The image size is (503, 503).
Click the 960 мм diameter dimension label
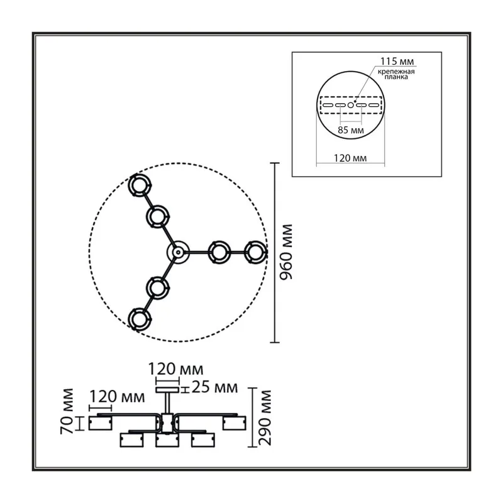[286, 252]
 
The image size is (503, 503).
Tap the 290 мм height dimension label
[265, 417]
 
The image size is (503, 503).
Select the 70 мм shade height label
[67, 411]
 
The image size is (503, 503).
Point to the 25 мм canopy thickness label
[214, 387]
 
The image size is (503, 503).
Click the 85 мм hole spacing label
[351, 130]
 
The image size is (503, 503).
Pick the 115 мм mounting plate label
[397, 61]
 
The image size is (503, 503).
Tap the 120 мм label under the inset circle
[350, 158]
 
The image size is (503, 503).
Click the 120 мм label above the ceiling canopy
[175, 369]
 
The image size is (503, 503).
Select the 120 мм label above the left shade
[117, 397]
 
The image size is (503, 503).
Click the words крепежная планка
[396, 74]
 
